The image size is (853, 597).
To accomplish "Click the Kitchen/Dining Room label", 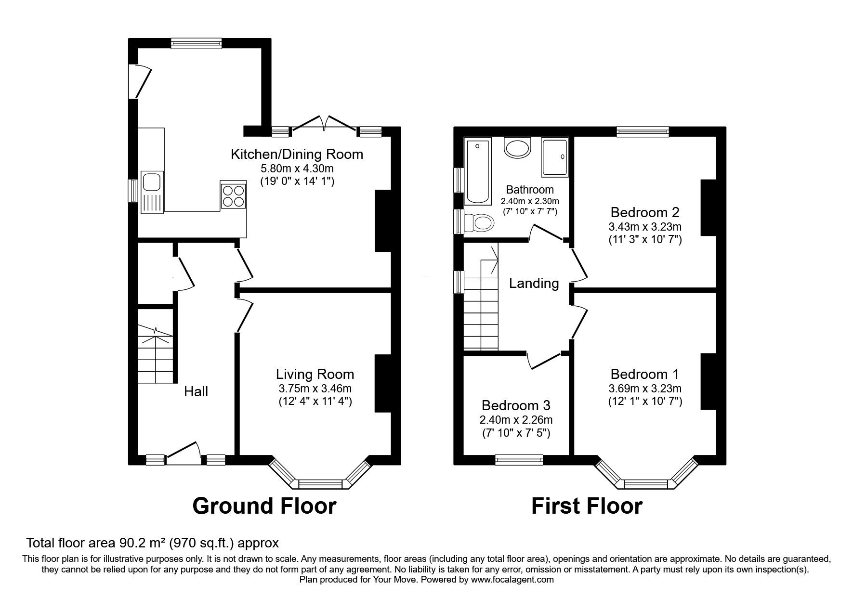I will point(297,155).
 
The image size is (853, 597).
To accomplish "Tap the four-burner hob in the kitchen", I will point(233,195).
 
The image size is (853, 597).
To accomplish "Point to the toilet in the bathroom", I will point(483,223).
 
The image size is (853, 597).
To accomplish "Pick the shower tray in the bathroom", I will point(554,156).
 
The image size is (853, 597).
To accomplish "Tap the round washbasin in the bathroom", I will point(517,148).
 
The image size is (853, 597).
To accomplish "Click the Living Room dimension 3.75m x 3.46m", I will point(315,389).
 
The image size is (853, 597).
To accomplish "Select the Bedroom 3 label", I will point(516,405).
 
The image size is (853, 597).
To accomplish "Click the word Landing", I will point(534,283).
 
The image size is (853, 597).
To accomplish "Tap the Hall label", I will point(196,391).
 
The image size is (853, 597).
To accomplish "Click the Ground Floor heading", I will point(264,506).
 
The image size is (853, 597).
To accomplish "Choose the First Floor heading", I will point(587,506).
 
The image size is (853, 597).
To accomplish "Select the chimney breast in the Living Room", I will point(383,384).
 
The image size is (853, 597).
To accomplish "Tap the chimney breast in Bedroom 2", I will point(708,208).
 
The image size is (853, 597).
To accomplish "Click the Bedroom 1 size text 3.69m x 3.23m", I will point(644,389).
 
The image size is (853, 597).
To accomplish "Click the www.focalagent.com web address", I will point(512,580).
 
